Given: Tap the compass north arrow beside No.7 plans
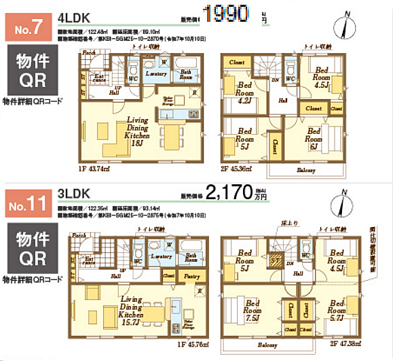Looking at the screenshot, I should click(x=347, y=25).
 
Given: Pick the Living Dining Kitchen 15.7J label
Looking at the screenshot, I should click(x=132, y=310).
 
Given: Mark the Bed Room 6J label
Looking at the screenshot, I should click(x=313, y=139).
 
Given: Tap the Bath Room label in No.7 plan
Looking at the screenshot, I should click(x=185, y=74).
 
